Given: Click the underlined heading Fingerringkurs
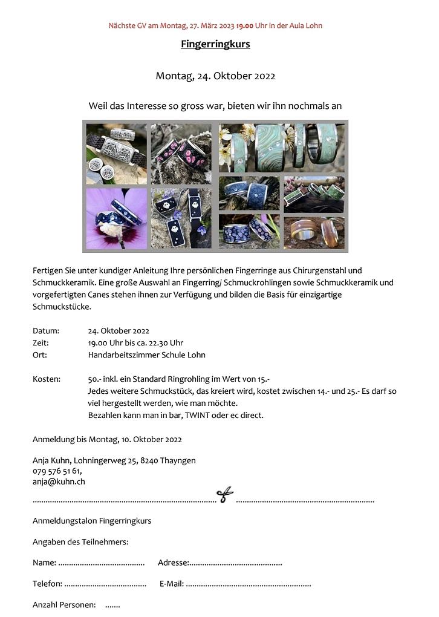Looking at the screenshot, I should coord(215,44).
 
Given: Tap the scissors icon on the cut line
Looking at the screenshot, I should coord(225,496).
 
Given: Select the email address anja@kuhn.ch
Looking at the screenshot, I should coord(59,482).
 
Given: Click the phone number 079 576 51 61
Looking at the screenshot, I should coord(56,471).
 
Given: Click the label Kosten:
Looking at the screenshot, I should coord(47,379).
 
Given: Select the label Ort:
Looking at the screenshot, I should coord(40,355).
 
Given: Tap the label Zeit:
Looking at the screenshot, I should coord(41,343).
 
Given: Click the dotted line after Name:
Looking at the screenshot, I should coord(101,563).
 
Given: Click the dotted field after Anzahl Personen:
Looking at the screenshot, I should coord(112,606).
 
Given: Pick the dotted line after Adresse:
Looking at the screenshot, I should coord(236,563).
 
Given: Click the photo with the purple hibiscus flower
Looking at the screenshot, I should coord(116,218).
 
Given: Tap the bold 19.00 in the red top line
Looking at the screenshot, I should coord(245,26).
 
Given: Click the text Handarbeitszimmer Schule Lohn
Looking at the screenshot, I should coord(146,355).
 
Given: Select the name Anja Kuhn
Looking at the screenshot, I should coord(51,460).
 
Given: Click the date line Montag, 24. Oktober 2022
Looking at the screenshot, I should coord(215,76).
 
